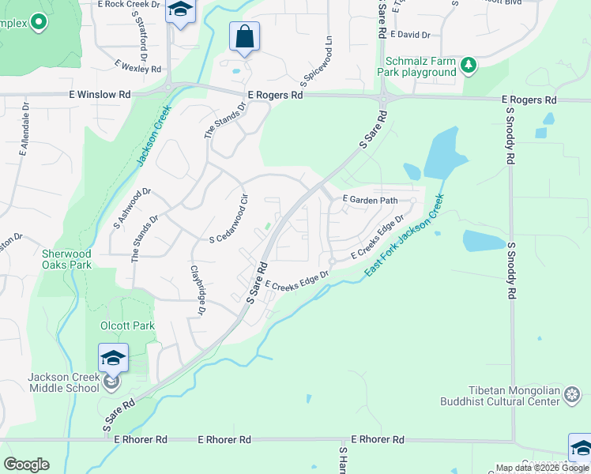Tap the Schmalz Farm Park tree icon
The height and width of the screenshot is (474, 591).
coord(469,65)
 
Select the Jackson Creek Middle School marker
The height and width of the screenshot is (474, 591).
coord(112,360)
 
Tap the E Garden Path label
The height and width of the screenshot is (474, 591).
coord(369,201)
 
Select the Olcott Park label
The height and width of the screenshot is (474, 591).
coord(127,325)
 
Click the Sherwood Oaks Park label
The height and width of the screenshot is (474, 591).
coord(67,259)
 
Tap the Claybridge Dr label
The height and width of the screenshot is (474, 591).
coord(198,291)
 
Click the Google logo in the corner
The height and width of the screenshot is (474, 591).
coord(26,465)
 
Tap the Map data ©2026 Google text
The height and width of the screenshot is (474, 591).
coord(542,468)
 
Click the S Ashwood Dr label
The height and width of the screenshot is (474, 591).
coord(131,208)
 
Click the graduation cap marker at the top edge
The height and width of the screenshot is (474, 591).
coord(181,11)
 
